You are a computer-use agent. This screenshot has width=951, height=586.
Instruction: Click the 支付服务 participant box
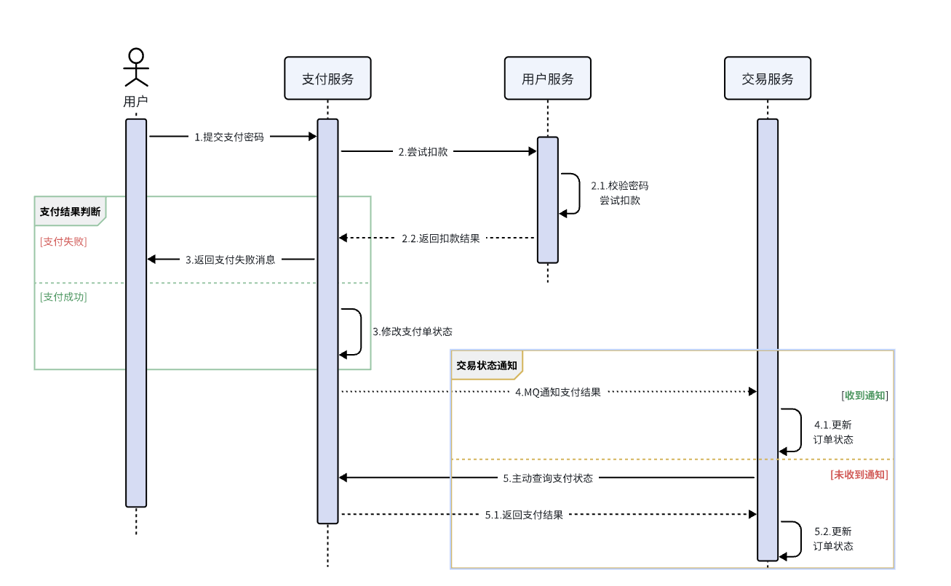[x=327, y=79]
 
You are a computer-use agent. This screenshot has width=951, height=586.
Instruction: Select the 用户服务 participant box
[x=547, y=79]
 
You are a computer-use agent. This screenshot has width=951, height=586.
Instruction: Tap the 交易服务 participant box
[x=767, y=79]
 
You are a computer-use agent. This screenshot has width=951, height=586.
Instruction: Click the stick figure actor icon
[x=136, y=67]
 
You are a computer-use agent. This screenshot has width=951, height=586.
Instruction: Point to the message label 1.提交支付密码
[x=228, y=137]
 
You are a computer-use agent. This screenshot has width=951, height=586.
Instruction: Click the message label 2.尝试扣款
[x=423, y=152]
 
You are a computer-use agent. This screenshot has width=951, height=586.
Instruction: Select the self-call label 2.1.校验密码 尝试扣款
[x=619, y=193]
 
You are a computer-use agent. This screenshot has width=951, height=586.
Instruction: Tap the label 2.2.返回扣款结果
[x=441, y=238]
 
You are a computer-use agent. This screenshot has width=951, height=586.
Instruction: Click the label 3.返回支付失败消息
[x=231, y=260]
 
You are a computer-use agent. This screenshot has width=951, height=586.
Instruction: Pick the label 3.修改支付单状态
[x=413, y=332]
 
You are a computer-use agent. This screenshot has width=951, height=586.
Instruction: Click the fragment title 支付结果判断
[x=70, y=212]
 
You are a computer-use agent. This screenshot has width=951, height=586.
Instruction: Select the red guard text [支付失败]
[x=63, y=241]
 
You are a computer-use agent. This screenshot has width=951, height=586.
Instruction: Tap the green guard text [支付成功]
[x=63, y=297]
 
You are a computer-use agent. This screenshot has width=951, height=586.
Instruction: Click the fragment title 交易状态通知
[x=486, y=366]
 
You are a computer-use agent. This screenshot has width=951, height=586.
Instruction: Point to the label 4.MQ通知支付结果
[x=558, y=392]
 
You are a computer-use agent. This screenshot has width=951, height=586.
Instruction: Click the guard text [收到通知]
[x=864, y=396]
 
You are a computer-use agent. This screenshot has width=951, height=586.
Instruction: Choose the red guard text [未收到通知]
[x=859, y=474]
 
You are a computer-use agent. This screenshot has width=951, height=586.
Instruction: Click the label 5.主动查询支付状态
[x=548, y=478]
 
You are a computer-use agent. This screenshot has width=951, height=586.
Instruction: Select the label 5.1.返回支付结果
[x=524, y=515]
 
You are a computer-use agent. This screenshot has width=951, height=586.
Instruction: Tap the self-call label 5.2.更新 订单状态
[x=833, y=539]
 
